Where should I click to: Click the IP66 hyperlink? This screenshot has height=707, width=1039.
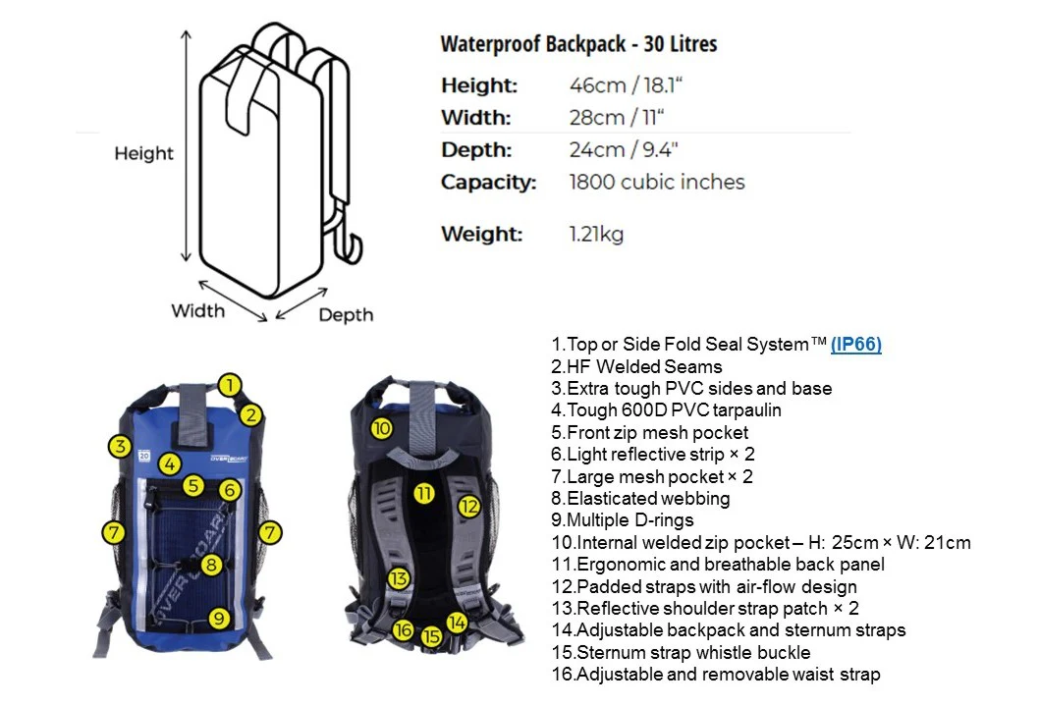tap(855, 345)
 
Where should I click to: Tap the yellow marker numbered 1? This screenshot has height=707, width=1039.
tap(229, 385)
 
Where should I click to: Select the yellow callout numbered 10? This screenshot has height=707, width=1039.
tap(381, 429)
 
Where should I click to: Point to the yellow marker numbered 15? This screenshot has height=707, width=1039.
tap(431, 636)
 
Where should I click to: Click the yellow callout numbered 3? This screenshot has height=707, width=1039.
tap(120, 446)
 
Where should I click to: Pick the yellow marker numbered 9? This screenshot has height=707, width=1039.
tap(219, 619)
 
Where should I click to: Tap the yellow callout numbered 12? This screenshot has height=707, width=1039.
tap(469, 507)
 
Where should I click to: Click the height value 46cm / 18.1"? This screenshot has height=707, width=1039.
tap(626, 85)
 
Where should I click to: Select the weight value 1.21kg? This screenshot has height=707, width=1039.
tap(596, 234)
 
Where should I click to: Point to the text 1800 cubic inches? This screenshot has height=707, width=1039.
tap(657, 182)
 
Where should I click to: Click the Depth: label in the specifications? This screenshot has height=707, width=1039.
tap(476, 150)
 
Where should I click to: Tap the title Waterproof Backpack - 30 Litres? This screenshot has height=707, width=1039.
tap(579, 44)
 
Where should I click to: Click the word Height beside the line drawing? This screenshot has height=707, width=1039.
tap(143, 154)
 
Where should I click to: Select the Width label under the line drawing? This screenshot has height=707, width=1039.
tap(198, 310)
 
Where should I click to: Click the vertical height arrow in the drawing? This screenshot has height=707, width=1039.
tap(187, 145)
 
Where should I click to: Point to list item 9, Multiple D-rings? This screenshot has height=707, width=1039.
tap(623, 520)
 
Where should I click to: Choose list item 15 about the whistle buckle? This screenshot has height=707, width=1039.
tap(681, 652)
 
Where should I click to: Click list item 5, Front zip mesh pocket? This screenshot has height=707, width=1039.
tap(649, 433)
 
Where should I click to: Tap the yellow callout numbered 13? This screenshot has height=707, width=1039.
tap(399, 579)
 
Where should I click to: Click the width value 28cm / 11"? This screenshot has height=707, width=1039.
tap(617, 118)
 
